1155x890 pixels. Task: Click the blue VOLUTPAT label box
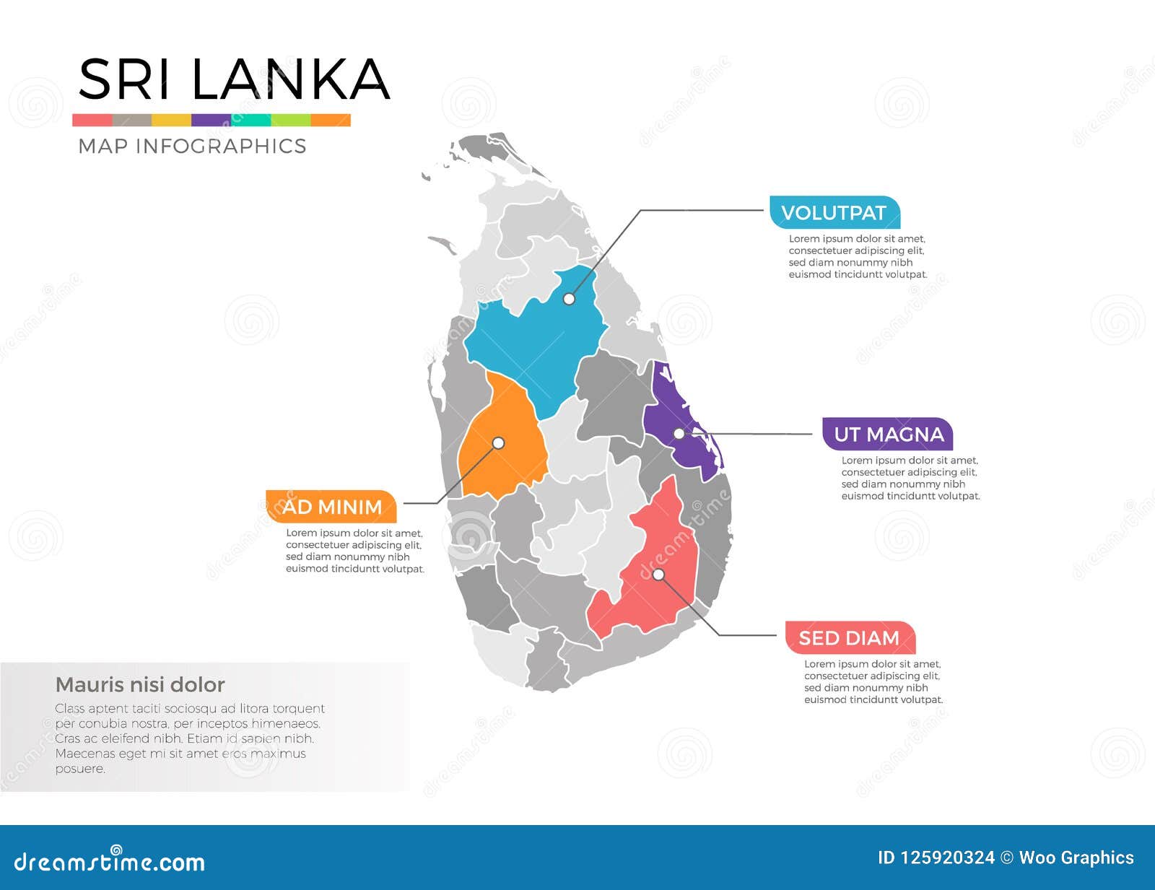[x=834, y=213]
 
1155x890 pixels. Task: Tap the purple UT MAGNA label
[x=888, y=435]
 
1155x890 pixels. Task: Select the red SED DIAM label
[x=850, y=638]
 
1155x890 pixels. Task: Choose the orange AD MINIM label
[x=331, y=507]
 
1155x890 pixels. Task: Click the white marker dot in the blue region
[x=569, y=299]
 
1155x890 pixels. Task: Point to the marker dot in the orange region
[x=498, y=443]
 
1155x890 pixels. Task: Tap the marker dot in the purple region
[x=679, y=434]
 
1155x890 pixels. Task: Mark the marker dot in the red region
[x=658, y=575]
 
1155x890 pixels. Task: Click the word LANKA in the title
[x=291, y=79]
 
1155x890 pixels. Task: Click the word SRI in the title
[x=123, y=79]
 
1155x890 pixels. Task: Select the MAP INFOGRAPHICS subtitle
[x=192, y=146]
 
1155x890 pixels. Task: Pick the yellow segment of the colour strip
[x=171, y=121]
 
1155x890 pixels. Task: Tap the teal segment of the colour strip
[x=250, y=121]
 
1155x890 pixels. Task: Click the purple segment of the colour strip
[x=211, y=121]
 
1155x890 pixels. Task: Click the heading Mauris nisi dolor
[x=140, y=684]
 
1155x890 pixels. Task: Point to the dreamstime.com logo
[x=109, y=861]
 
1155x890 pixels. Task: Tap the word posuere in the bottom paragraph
[x=80, y=769]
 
